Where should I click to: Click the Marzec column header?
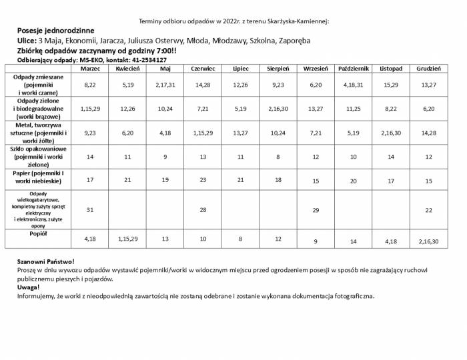pyautogui.click(x=90, y=69)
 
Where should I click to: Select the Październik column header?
pyautogui.click(x=354, y=69)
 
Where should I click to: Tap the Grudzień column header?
pyautogui.click(x=428, y=69)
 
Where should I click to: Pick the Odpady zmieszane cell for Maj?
pyautogui.click(x=165, y=85)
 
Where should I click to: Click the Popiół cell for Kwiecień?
pyautogui.click(x=127, y=239)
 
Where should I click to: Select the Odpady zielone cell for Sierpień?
pyautogui.click(x=278, y=109)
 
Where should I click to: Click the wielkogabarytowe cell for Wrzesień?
pyautogui.click(x=316, y=209)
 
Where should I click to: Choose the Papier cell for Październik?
pyautogui.click(x=354, y=181)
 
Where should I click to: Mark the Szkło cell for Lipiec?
pyautogui.click(x=241, y=157)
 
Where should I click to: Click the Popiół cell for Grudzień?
pyautogui.click(x=428, y=241)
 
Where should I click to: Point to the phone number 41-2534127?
pyautogui.click(x=149, y=60)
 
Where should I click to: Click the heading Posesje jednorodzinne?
pyautogui.click(x=55, y=31)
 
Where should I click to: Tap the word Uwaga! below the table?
pyautogui.click(x=29, y=287)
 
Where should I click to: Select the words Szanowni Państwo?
pyautogui.click(x=46, y=262)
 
